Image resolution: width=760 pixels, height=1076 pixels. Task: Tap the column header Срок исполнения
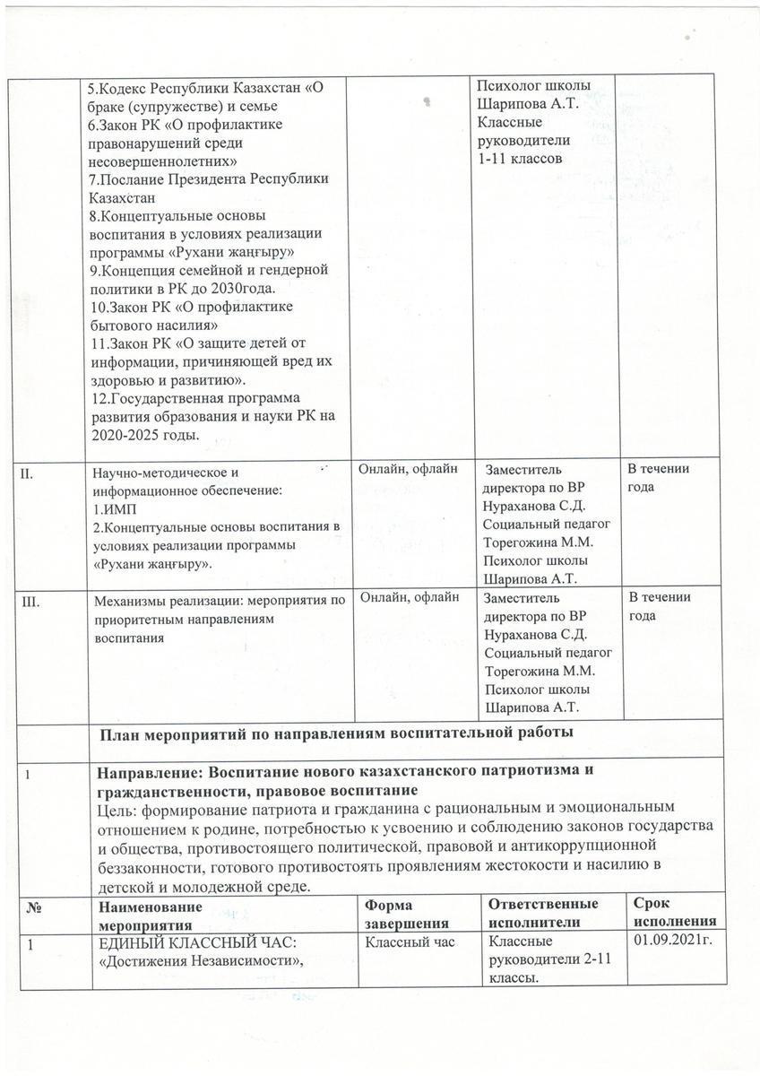pos(674,913)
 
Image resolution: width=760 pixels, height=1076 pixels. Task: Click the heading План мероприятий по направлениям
pos(334,733)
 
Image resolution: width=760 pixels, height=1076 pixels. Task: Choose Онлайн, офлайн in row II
pos(408,468)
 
